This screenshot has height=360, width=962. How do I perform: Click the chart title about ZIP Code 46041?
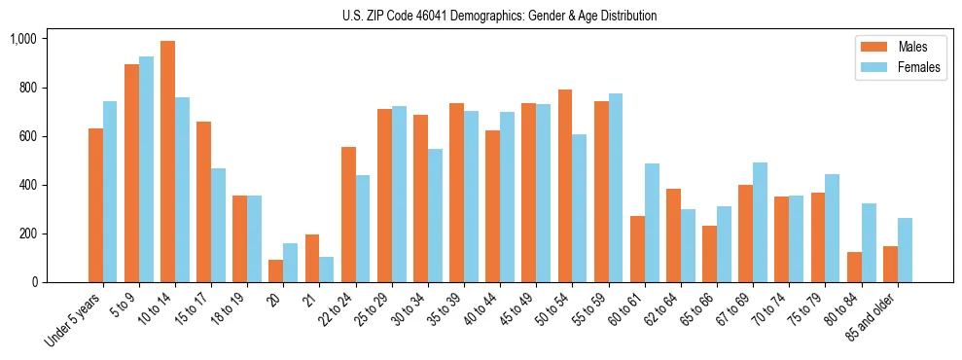tap(500, 16)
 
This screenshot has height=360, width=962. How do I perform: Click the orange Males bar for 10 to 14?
tap(167, 162)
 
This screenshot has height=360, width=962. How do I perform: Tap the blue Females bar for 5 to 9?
tap(146, 169)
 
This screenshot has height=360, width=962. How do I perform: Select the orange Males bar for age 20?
tap(276, 270)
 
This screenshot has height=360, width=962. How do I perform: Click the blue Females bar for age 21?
tap(327, 270)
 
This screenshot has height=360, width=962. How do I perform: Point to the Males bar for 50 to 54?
tap(565, 186)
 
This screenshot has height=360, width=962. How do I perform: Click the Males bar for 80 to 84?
tap(854, 267)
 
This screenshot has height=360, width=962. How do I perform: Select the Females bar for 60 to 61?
tap(652, 223)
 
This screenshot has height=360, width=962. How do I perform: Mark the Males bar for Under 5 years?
tap(95, 205)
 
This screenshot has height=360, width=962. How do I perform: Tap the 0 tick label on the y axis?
tap(35, 282)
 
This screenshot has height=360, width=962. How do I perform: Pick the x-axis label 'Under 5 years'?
tap(74, 320)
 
